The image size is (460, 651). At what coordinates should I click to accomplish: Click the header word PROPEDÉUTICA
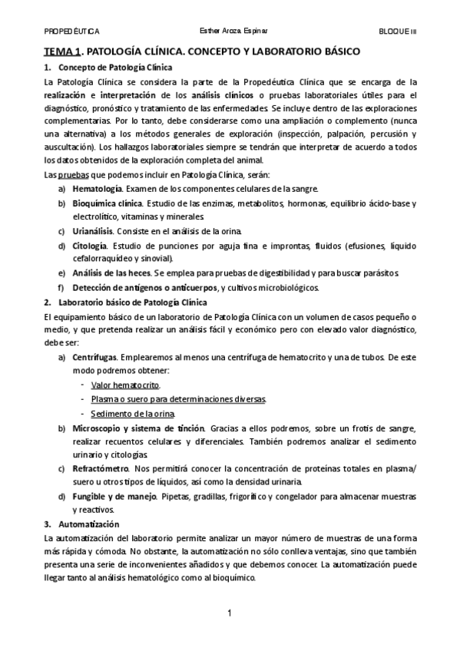(x=71, y=31)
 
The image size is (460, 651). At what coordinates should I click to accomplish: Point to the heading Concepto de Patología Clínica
(x=115, y=68)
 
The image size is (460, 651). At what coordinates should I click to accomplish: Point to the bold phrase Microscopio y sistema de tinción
(x=138, y=427)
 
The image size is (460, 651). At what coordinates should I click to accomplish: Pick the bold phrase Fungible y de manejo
(x=112, y=496)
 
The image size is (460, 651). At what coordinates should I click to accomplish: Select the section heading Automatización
(x=88, y=524)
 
